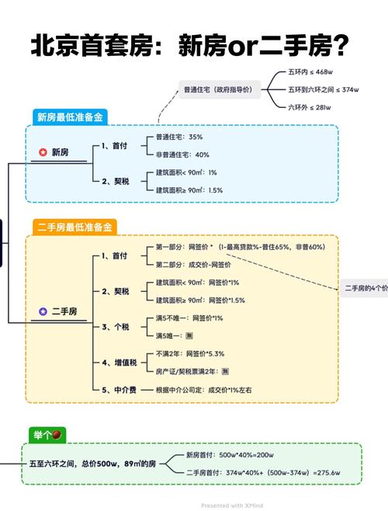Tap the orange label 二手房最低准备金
point(75,228)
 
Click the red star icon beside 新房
point(43,153)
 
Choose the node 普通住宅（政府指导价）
point(217,89)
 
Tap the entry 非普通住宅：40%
point(182,155)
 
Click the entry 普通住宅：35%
point(178,137)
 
